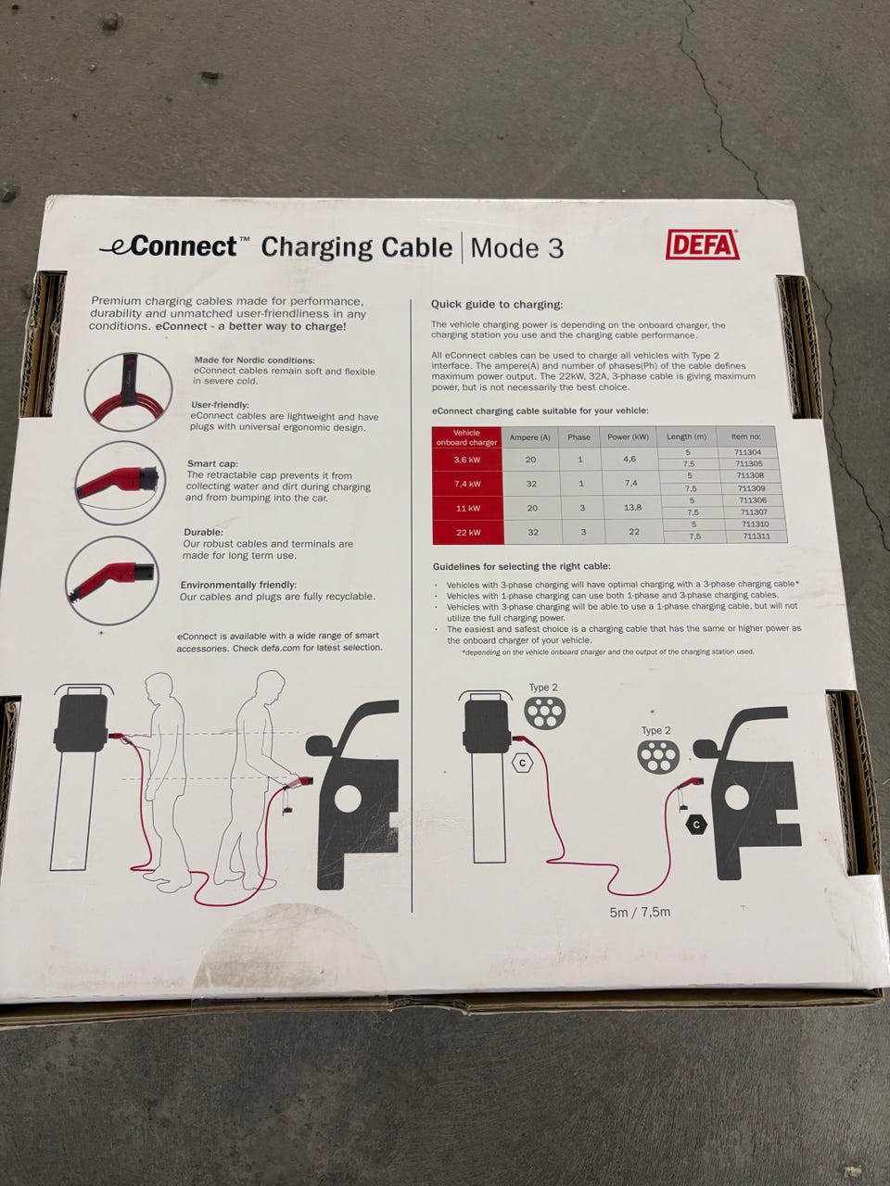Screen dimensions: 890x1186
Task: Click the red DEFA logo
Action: pyautogui.click(x=703, y=245)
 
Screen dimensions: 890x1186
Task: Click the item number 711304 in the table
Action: pyautogui.click(x=747, y=452)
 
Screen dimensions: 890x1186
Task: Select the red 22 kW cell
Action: pyautogui.click(x=468, y=532)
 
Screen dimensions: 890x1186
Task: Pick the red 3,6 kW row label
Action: pyautogui.click(x=467, y=460)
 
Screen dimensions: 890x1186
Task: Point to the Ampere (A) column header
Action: pyautogui.click(x=529, y=437)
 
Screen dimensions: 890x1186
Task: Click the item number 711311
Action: pyautogui.click(x=756, y=536)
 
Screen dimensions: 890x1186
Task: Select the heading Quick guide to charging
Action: pyautogui.click(x=497, y=305)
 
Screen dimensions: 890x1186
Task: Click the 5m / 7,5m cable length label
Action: pyautogui.click(x=640, y=912)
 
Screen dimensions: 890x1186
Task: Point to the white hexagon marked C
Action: pyautogui.click(x=522, y=763)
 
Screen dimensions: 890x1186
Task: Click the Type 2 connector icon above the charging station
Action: pyautogui.click(x=545, y=712)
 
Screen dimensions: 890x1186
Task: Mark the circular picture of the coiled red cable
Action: pyautogui.click(x=129, y=391)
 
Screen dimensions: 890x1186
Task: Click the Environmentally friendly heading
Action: pyautogui.click(x=238, y=586)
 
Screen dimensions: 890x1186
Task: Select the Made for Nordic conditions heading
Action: pyautogui.click(x=254, y=360)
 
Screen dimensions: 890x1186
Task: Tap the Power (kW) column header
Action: pyautogui.click(x=628, y=436)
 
